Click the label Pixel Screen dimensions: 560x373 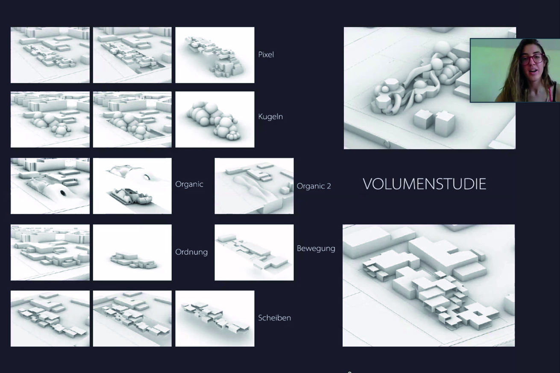pyautogui.click(x=266, y=55)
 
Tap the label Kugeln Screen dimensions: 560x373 pyautogui.click(x=270, y=117)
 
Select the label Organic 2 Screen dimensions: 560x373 pyautogui.click(x=314, y=186)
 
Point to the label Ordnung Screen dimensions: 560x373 pyautogui.click(x=191, y=252)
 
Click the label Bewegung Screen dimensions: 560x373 pyautogui.click(x=316, y=249)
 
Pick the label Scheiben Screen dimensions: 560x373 pyautogui.click(x=275, y=318)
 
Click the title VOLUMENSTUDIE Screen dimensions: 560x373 pyautogui.click(x=424, y=184)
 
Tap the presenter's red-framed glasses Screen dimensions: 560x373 pyautogui.click(x=533, y=59)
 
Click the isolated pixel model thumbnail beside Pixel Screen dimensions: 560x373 pyautogui.click(x=215, y=55)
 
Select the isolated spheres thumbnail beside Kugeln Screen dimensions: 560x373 pyautogui.click(x=215, y=119)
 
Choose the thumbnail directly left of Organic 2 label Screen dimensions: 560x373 pyautogui.click(x=254, y=186)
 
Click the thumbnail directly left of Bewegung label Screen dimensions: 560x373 pyautogui.click(x=254, y=252)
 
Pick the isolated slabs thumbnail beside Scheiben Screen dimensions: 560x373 pyautogui.click(x=215, y=318)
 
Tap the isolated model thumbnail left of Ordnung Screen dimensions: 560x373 pyautogui.click(x=132, y=252)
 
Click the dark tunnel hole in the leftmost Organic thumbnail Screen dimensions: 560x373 pyautogui.click(x=63, y=193)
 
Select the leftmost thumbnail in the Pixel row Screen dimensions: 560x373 pyautogui.click(x=50, y=55)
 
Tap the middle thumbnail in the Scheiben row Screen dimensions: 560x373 pyautogui.click(x=132, y=318)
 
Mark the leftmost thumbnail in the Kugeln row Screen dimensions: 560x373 pyautogui.click(x=50, y=119)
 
